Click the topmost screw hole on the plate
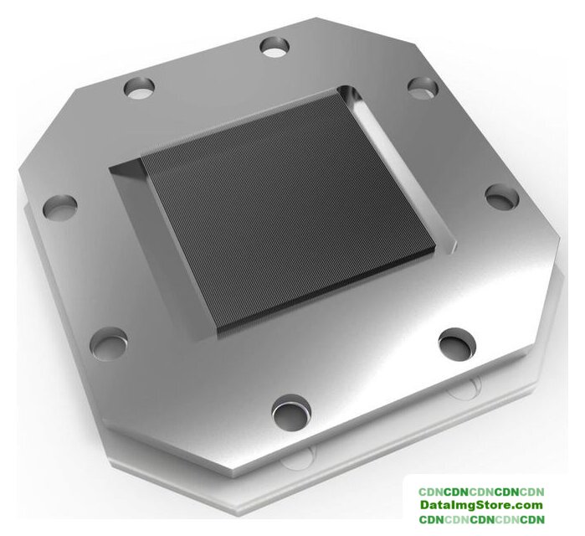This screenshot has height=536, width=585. (x=275, y=47)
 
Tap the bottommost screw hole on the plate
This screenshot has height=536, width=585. (x=291, y=413)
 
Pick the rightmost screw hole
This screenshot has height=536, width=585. (x=502, y=196)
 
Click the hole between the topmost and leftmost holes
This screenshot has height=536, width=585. (x=139, y=87)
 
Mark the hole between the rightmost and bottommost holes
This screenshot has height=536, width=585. (x=458, y=344)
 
